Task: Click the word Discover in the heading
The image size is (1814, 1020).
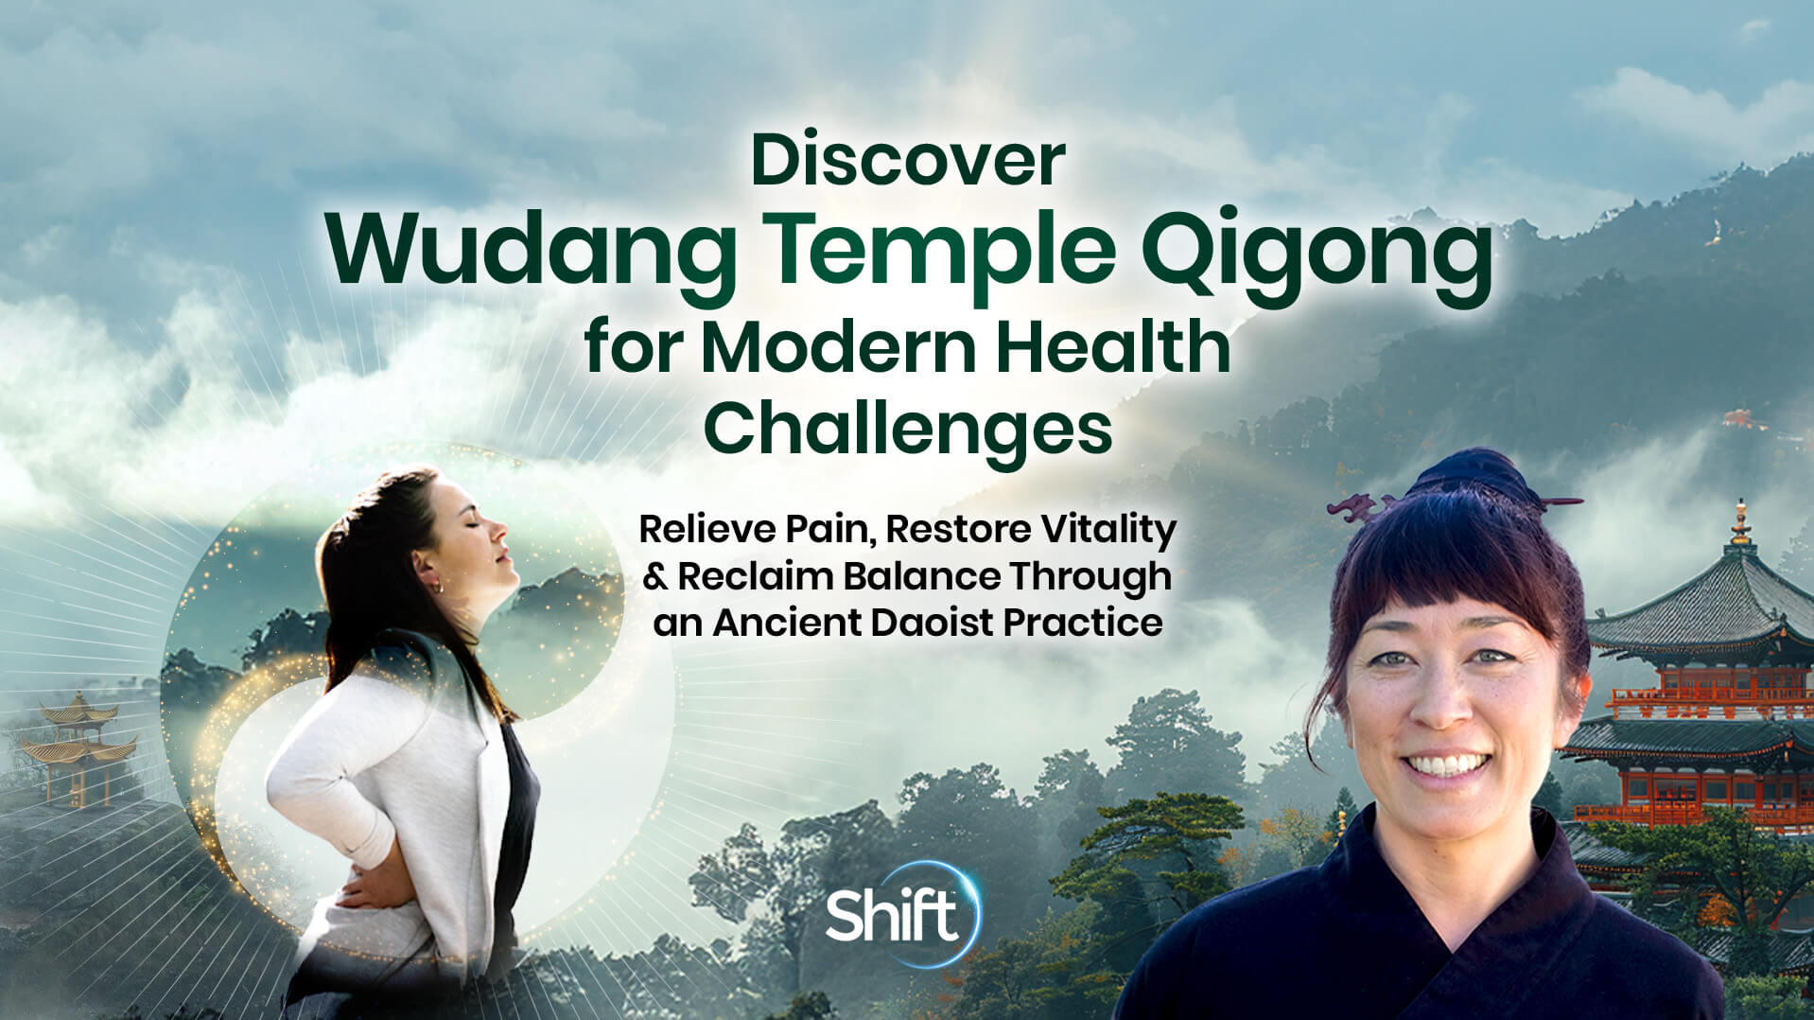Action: [x=907, y=161]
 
